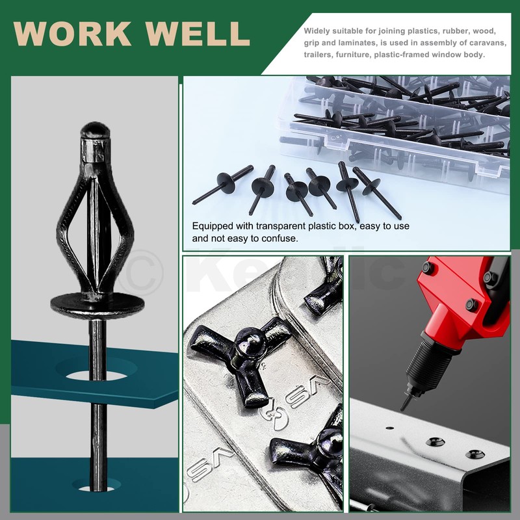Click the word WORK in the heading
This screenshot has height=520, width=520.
tap(72, 34)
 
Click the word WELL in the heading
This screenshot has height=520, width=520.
tap(198, 34)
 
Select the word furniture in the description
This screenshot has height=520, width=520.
tap(352, 55)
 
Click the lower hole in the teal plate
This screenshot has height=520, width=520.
tap(96, 487)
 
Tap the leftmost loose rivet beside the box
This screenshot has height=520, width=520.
tap(223, 184)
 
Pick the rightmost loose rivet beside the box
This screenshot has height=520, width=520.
tap(377, 192)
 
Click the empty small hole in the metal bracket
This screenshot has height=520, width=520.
tap(390, 428)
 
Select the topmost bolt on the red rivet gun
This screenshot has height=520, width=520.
tap(427, 266)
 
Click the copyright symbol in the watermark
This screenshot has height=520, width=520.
tap(140, 272)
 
